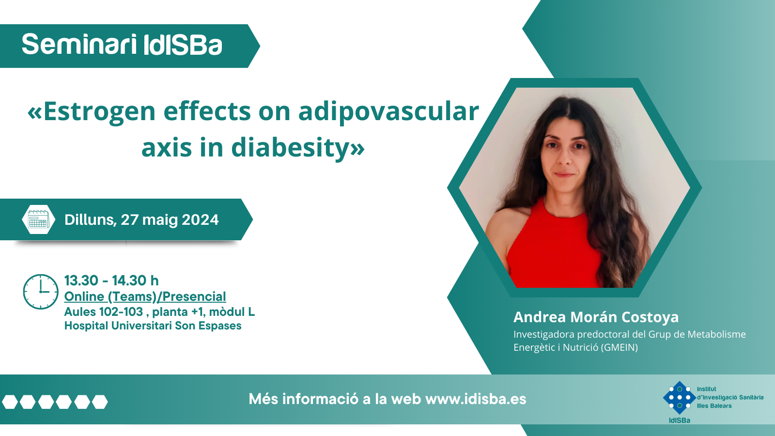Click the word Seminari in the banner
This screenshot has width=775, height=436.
pos(79,45)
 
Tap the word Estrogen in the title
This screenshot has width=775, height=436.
pos(99,111)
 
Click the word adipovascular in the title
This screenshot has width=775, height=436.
pos(388,111)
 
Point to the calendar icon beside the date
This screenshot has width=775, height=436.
pos(38,219)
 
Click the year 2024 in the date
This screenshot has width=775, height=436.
pos(200,220)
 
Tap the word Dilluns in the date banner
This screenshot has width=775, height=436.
pos(90,220)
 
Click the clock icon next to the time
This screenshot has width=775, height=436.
pos(41,291)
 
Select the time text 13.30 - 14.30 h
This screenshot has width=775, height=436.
pos(111,280)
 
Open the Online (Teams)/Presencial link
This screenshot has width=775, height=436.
pos(145,296)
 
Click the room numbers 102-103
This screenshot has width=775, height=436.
pos(121,312)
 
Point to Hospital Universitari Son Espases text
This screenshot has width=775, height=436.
pos(153,326)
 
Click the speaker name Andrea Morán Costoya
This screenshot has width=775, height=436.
pos(596,317)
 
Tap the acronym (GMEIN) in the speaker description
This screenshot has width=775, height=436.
pos(619,347)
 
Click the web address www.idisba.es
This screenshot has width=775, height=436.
pos(476,399)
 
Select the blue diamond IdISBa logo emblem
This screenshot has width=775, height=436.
pos(680,398)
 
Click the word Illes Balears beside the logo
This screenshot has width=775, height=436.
pos(714,406)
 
